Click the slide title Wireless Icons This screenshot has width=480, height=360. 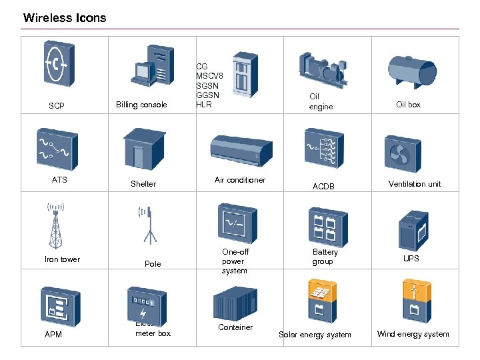click(x=65, y=18)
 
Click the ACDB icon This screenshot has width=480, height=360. click(x=324, y=150)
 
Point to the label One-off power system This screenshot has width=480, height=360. click(x=234, y=261)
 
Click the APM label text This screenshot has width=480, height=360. click(x=53, y=334)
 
